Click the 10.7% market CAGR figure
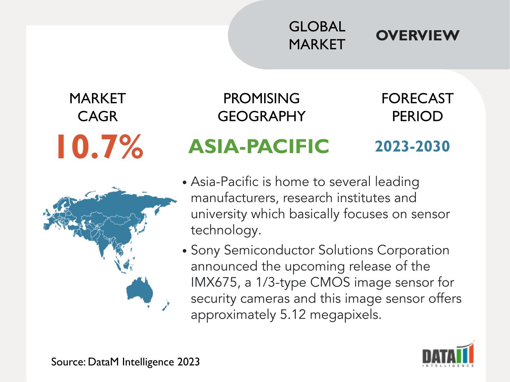100,146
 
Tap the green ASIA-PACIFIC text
259,146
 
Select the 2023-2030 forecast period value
412,146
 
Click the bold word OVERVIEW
417,35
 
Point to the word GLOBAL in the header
317,27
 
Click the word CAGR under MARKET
98,116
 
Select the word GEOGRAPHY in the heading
262,116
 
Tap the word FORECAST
417,98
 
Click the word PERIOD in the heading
417,116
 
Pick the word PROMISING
262,98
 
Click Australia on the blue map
140,290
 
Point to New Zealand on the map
166,305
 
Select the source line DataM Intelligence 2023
125,362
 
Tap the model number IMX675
215,283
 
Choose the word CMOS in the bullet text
330,283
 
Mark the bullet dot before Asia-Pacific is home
185,182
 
